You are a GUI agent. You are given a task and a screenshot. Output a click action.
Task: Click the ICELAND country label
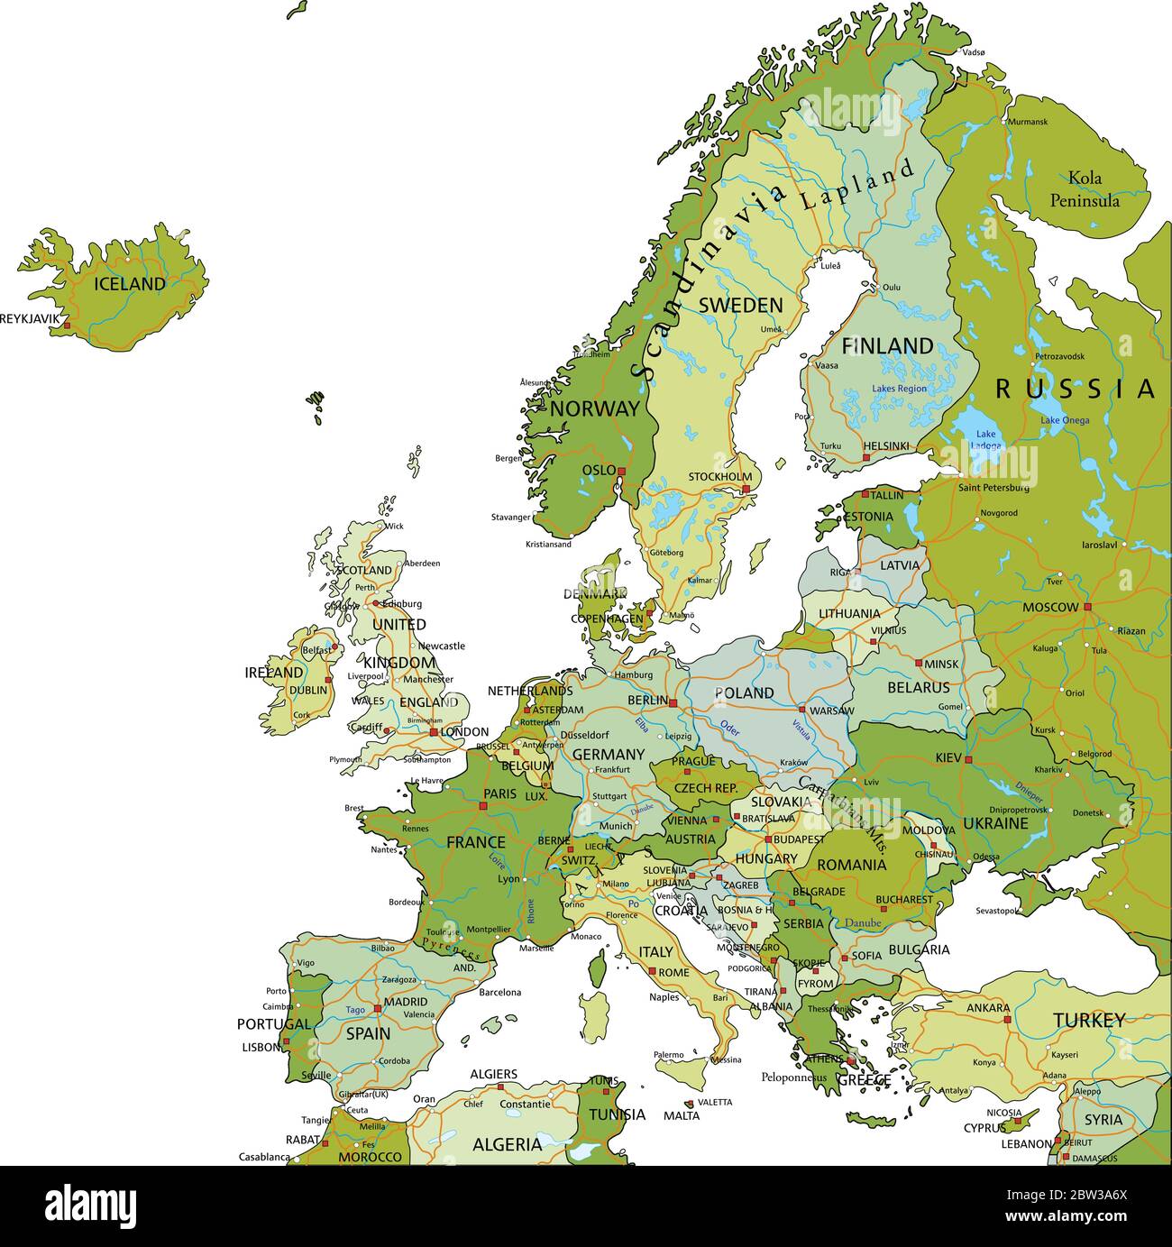tap(130, 284)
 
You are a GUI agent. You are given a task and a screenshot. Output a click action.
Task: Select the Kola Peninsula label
tap(1085, 189)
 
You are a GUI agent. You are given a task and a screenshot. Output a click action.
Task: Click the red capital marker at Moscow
tap(1087, 607)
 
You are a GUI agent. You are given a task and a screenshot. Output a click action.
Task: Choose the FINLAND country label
tap(887, 345)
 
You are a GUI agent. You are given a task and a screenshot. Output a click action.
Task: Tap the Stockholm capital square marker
tap(746, 490)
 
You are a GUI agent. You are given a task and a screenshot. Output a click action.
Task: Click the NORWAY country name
tap(594, 408)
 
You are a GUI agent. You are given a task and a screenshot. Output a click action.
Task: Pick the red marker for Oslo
tap(621, 471)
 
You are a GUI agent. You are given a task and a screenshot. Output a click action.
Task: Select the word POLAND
tap(744, 692)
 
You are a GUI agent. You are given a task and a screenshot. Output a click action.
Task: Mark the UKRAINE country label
tap(995, 823)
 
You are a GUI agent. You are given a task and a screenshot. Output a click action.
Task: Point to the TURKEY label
tap(1089, 1021)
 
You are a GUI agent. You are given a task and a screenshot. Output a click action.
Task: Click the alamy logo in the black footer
tap(90, 1206)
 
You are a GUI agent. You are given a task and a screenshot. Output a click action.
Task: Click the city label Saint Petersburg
tap(993, 488)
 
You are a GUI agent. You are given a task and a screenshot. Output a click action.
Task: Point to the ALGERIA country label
tap(507, 1144)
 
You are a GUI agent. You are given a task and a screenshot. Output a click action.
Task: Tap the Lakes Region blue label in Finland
tap(898, 389)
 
